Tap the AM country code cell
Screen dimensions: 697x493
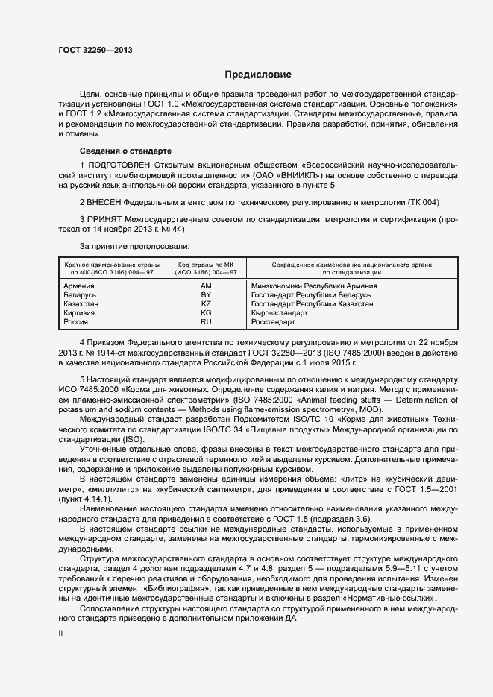click(207, 286)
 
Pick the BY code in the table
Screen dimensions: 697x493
click(207, 295)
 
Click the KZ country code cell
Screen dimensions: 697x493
click(207, 304)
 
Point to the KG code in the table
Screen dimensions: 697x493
click(207, 313)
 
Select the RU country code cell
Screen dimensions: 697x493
click(207, 322)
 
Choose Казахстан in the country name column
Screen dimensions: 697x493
click(81, 304)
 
